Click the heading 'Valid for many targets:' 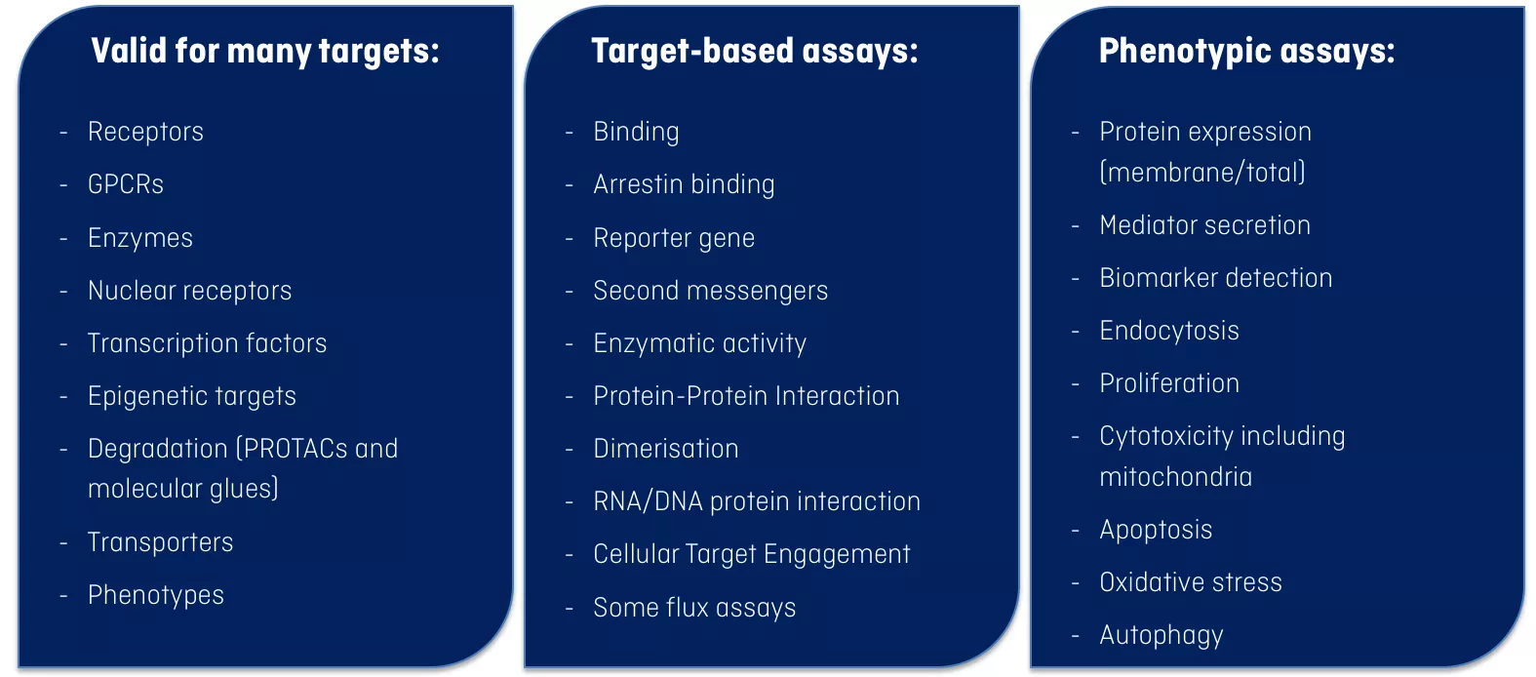tap(264, 52)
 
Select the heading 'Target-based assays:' tap(754, 52)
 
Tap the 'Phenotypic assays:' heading tap(1246, 52)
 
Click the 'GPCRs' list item tap(126, 184)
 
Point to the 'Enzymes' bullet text tap(139, 238)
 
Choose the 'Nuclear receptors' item tap(189, 291)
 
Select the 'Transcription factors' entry tap(207, 343)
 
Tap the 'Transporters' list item tap(161, 542)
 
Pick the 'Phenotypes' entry tap(156, 595)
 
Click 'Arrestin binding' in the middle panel tap(684, 184)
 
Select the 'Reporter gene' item tap(674, 238)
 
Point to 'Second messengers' tap(710, 291)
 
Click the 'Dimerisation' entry tap(666, 449)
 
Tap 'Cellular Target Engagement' tap(752, 554)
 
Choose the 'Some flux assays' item tap(694, 608)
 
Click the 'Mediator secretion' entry tap(1204, 225)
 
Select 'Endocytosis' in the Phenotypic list tap(1169, 332)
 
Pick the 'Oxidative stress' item tap(1191, 582)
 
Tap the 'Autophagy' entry tap(1161, 636)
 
